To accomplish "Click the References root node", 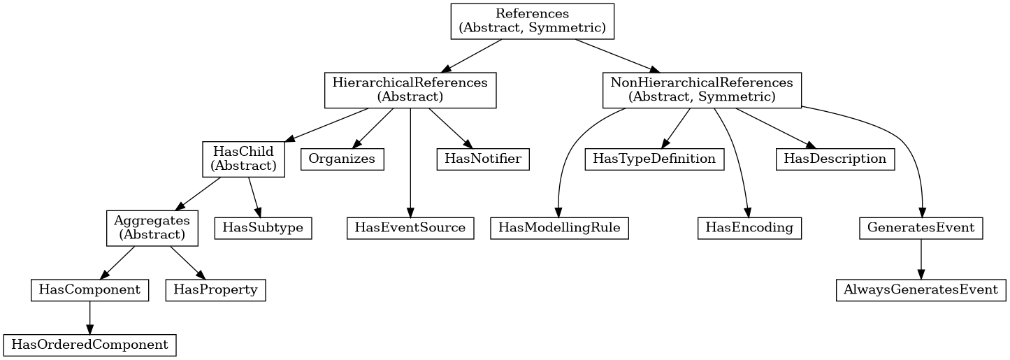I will coord(532,21).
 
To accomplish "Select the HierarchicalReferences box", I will coord(410,90).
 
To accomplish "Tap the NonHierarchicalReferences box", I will coord(702,90).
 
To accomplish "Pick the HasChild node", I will coord(243,159).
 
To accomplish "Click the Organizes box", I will coord(342,159).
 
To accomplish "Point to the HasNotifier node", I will coord(483,159).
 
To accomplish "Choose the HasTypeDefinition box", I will coord(654,159).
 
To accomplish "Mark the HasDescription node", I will coord(835,159).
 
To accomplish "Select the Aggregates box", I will coord(152,228).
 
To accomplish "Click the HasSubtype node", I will coord(263,228).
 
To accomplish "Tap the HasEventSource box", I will coord(410,228).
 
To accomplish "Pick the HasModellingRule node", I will coord(560,228).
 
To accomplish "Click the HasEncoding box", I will coord(749,228).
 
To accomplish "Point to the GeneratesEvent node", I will coord(921,228).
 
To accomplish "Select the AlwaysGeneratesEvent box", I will coord(921,289).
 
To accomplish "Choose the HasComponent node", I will coord(89,289).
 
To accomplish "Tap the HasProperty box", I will coord(215,289).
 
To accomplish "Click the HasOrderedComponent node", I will coord(89,345).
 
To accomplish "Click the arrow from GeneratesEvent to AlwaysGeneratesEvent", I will coord(921,259).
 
